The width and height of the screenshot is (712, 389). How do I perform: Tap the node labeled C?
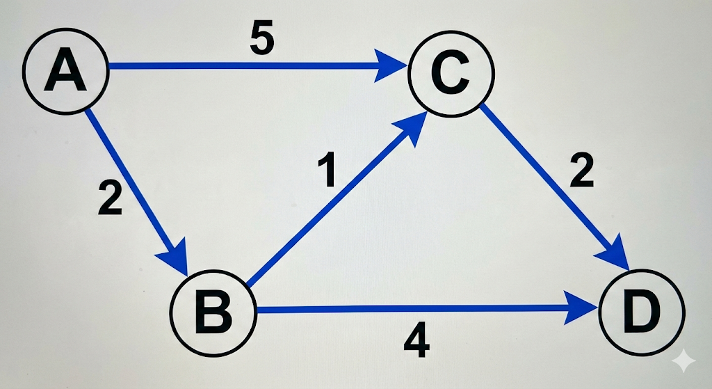click(x=451, y=73)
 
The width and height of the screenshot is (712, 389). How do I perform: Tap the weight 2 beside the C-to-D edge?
click(x=581, y=172)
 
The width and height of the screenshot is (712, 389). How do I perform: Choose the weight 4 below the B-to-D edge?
click(x=416, y=343)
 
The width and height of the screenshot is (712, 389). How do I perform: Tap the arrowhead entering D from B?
click(x=583, y=308)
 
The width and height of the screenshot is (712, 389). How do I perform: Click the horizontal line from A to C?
click(x=243, y=68)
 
